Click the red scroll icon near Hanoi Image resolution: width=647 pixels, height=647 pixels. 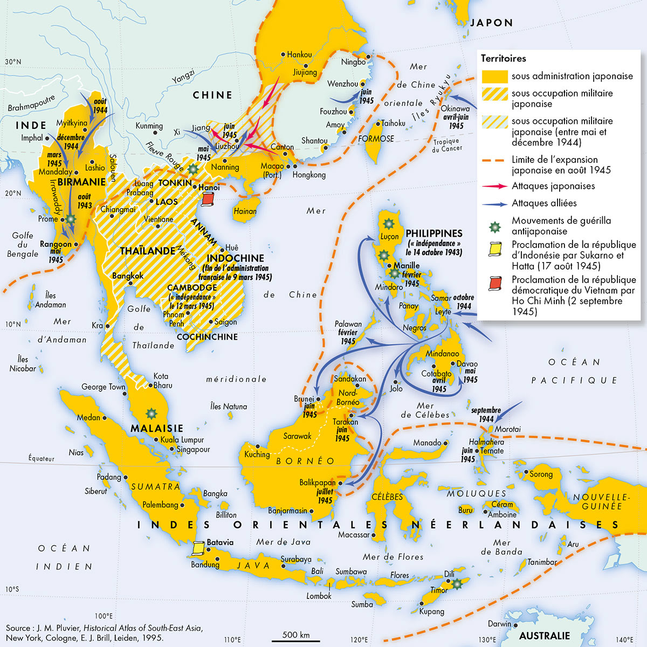[x=208, y=199]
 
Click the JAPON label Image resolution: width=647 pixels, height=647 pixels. [x=491, y=23]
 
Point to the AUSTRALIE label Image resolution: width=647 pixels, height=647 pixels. [x=544, y=636]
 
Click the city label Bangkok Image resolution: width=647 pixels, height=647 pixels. [x=128, y=276]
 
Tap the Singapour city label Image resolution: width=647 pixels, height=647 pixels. [x=193, y=449]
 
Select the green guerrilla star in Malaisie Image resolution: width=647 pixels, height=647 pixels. [x=152, y=414]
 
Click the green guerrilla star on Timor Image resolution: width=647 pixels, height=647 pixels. [x=457, y=583]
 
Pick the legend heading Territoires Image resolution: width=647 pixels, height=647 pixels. [x=503, y=58]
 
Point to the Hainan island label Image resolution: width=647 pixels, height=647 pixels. [x=245, y=211]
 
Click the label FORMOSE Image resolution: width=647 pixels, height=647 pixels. [x=376, y=139]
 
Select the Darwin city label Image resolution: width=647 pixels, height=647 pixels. [x=499, y=624]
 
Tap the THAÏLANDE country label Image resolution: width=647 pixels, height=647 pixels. [x=147, y=251]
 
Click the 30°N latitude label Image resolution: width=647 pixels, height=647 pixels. [x=13, y=62]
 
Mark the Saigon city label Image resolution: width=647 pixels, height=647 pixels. [x=225, y=322]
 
